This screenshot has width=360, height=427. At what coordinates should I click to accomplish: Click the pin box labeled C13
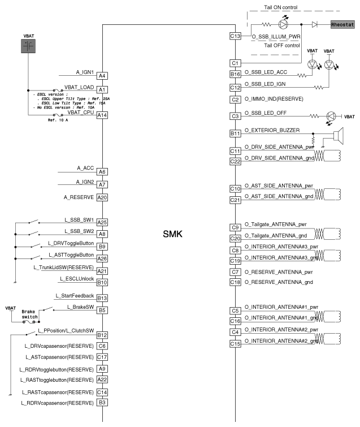tap(236, 36)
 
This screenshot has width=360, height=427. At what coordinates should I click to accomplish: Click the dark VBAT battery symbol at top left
tap(28, 48)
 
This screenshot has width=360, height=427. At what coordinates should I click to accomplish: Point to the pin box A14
tap(102, 115)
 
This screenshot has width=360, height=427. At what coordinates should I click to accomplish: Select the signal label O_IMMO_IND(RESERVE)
tap(274, 99)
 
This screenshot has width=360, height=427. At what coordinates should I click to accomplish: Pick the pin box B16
tap(236, 74)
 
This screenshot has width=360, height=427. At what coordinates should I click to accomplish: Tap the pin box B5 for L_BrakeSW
tap(102, 310)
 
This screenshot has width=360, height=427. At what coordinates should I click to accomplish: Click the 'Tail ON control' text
tap(281, 7)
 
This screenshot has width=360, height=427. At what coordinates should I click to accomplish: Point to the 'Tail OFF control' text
tap(281, 45)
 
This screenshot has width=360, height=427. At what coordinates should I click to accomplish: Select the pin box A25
tap(102, 222)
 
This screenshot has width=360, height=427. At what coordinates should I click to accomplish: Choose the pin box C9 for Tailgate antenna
tap(236, 227)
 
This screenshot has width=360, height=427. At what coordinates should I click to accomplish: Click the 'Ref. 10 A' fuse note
tap(58, 120)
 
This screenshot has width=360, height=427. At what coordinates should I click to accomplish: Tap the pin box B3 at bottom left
tap(102, 403)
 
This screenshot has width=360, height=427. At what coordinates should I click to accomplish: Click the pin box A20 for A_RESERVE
tap(102, 197)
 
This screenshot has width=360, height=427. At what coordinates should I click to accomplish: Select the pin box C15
tap(236, 343)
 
